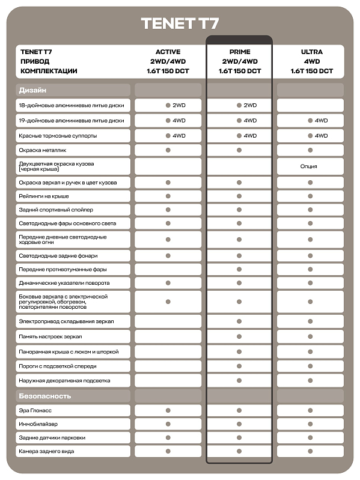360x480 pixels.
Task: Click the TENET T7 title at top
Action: click(x=180, y=23)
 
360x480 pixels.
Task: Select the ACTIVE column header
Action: click(x=168, y=52)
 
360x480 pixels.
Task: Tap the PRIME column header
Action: click(x=239, y=52)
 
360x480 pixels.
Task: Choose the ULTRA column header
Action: click(x=311, y=52)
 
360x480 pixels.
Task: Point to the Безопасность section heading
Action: click(x=45, y=396)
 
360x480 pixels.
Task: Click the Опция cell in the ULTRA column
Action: click(x=310, y=166)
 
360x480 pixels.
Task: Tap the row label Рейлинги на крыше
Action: click(x=44, y=196)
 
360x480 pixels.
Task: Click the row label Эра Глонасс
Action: click(x=35, y=411)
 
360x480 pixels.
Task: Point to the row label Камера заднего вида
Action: click(x=46, y=451)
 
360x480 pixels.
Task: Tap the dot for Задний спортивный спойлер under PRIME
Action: click(x=239, y=210)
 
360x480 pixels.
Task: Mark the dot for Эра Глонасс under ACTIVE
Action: click(x=168, y=411)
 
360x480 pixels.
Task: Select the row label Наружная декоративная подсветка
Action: click(x=64, y=380)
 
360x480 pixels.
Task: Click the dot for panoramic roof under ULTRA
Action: click(x=311, y=351)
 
